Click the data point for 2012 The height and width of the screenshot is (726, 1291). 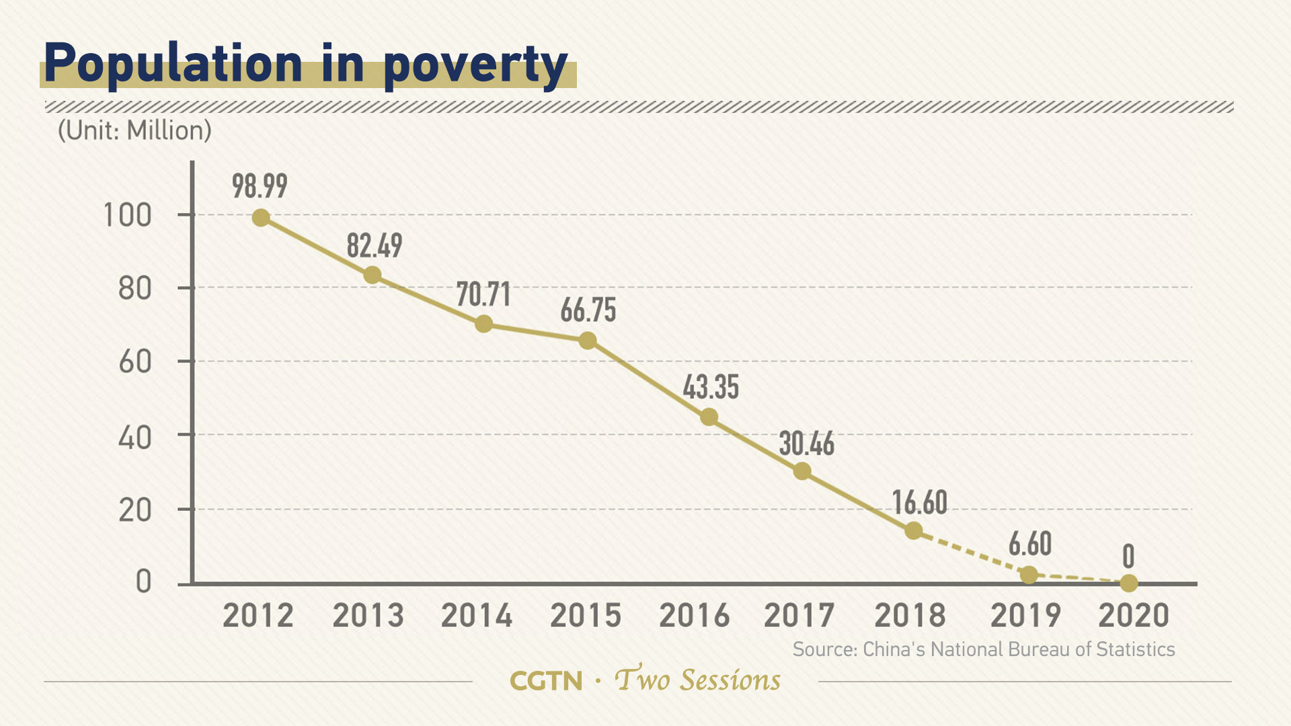point(261,218)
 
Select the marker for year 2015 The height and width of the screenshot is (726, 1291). point(588,341)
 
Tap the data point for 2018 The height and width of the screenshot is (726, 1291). point(913,531)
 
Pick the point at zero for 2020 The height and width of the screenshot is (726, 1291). point(1129,583)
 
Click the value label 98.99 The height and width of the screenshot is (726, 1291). point(260,186)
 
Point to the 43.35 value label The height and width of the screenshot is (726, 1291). point(711,387)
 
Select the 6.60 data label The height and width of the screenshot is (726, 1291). point(1029,544)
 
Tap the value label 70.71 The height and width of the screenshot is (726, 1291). point(483,294)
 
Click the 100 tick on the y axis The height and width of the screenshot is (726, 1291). point(127,216)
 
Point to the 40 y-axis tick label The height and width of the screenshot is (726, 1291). point(134,438)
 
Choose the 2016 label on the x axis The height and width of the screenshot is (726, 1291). point(694,616)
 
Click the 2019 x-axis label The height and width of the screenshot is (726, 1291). point(1025,616)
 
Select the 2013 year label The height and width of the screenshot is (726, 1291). point(368,616)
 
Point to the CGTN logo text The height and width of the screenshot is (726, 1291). point(546,681)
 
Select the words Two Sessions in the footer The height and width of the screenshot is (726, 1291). point(698,680)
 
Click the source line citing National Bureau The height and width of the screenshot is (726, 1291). point(983,649)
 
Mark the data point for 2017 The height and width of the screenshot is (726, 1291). point(801,471)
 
